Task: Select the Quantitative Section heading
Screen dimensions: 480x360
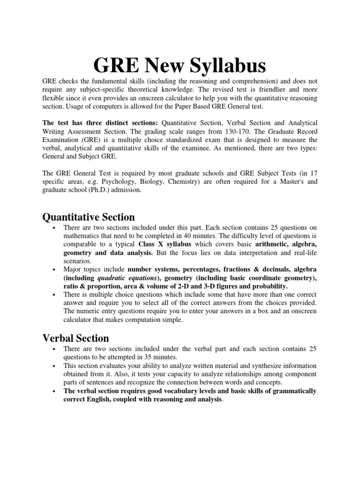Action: (x=89, y=217)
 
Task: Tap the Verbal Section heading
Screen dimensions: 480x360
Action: (x=76, y=338)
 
